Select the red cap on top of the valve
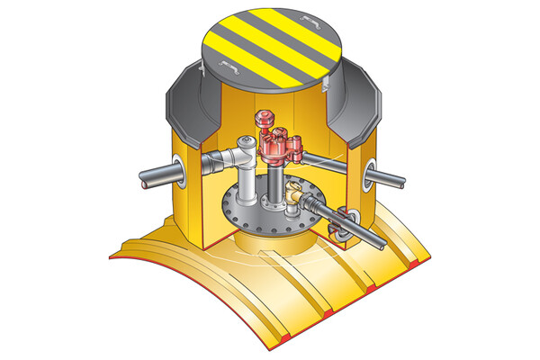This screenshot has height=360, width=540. pos(264,117)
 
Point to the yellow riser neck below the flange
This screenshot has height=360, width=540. pos(270,245)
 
